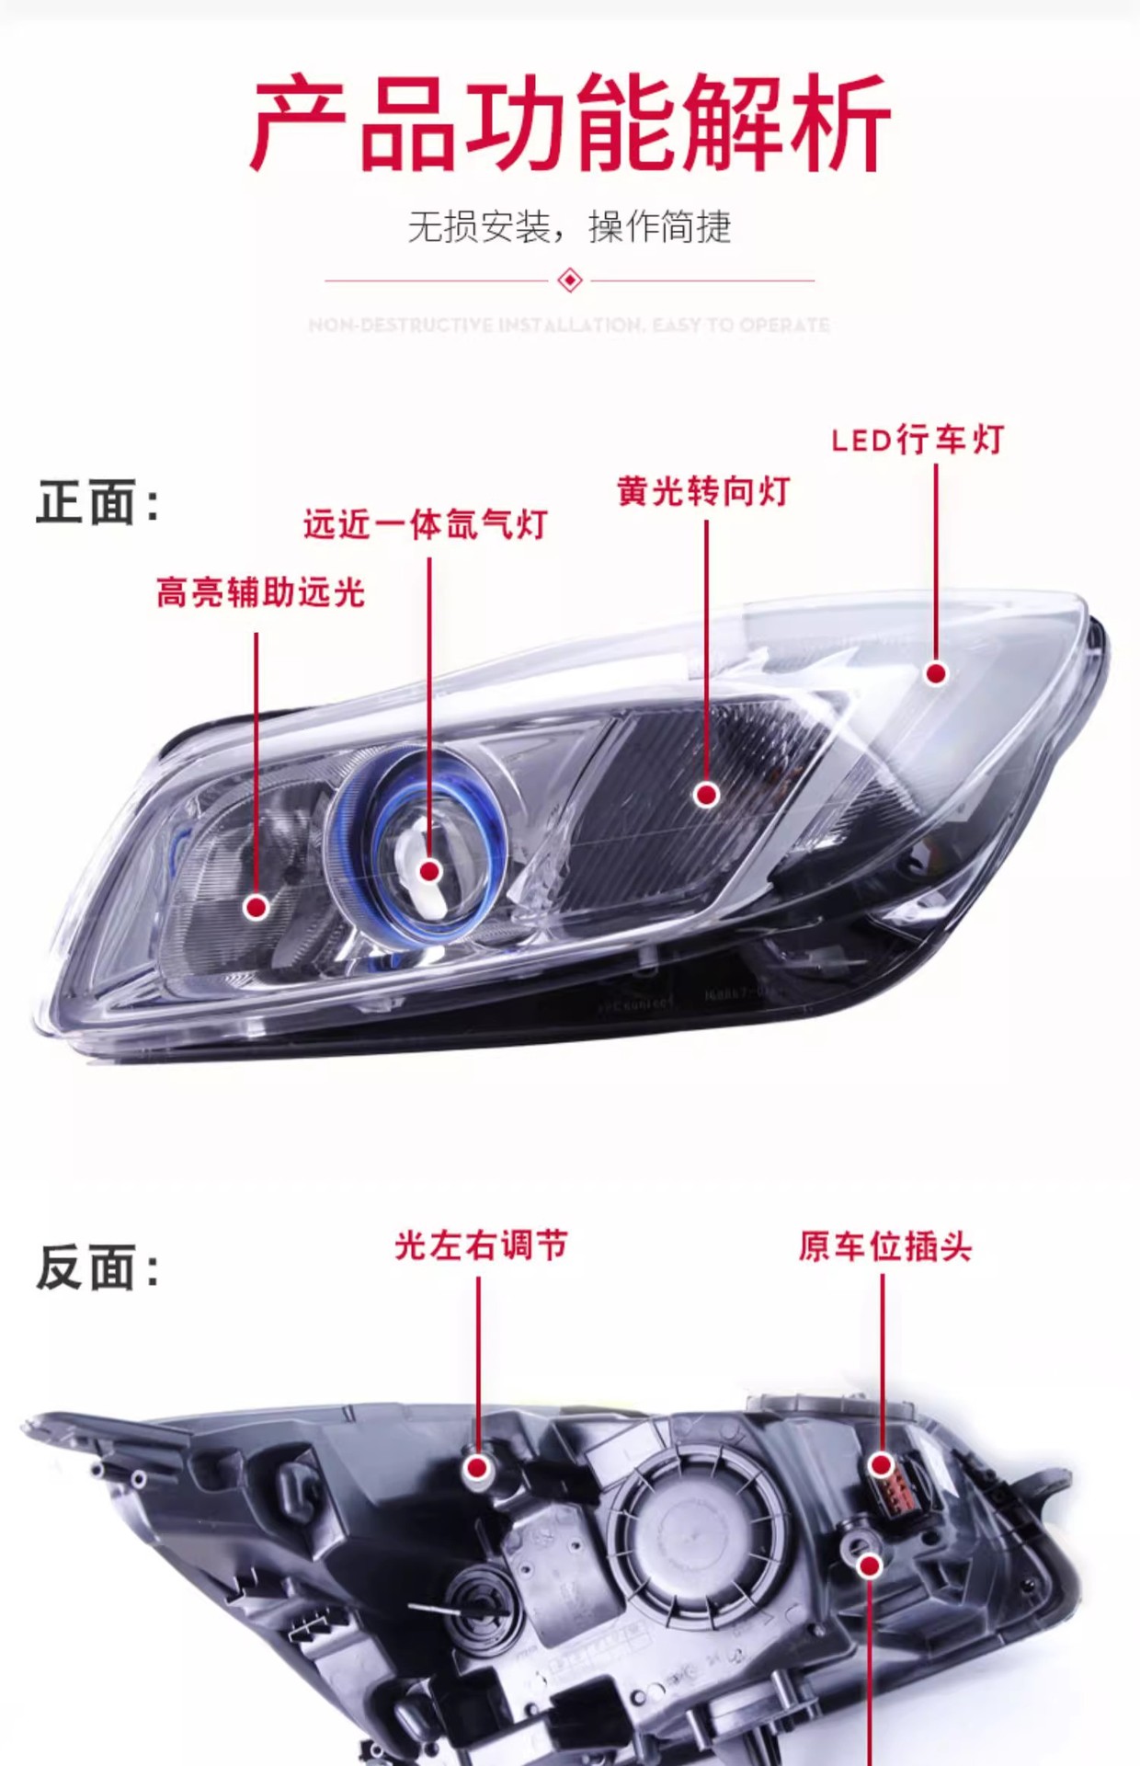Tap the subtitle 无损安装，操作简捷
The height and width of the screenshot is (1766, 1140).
569,226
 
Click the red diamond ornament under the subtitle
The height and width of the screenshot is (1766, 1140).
570,280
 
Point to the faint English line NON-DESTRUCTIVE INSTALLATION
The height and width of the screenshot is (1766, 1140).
569,325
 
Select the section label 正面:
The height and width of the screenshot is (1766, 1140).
97,502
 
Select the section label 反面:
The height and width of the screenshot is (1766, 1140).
97,1267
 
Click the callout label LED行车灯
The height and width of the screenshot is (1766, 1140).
917,440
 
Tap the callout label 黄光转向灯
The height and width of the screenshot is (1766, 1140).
703,491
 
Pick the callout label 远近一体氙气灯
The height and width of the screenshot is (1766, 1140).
426,524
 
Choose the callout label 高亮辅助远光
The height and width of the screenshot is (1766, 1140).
260,591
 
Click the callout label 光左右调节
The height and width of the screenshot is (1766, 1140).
481,1245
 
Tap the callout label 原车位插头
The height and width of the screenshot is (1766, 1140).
884,1246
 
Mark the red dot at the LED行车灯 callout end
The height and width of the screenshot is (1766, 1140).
936,673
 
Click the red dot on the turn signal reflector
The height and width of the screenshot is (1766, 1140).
706,795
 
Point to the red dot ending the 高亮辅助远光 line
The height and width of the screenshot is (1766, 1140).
256,907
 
